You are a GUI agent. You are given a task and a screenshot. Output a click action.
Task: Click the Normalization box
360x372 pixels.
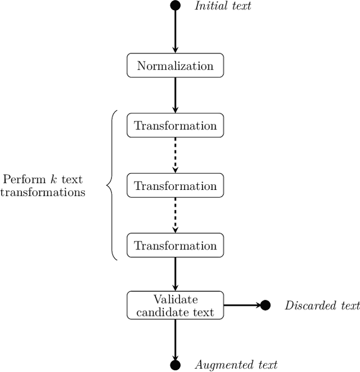[175, 66]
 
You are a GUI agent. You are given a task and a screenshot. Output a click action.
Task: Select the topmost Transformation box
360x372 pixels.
[175, 125]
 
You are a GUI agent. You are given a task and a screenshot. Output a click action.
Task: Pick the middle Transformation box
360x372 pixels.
[175, 185]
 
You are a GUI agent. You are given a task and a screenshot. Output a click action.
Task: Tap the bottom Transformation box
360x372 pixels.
[175, 246]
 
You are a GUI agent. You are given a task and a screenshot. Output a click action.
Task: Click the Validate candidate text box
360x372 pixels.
[175, 305]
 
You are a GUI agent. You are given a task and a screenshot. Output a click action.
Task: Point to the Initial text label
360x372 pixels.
[223, 6]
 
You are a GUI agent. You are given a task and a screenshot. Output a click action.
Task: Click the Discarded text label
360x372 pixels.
[322, 306]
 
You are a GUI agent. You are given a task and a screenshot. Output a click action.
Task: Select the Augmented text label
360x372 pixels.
[236, 365]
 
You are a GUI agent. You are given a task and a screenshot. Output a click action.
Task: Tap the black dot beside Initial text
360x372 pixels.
[175, 6]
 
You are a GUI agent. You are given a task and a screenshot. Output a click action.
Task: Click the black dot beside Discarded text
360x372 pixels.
[265, 305]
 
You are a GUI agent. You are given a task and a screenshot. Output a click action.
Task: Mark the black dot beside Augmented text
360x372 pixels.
[175, 365]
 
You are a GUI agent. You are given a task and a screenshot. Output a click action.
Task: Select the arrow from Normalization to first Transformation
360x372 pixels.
[175, 95]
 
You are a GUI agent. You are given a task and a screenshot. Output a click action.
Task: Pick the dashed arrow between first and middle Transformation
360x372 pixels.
[175, 155]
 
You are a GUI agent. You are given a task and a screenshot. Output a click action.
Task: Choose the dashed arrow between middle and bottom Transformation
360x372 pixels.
[175, 215]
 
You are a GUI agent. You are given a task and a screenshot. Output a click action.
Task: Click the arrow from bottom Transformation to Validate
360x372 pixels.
[175, 274]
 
